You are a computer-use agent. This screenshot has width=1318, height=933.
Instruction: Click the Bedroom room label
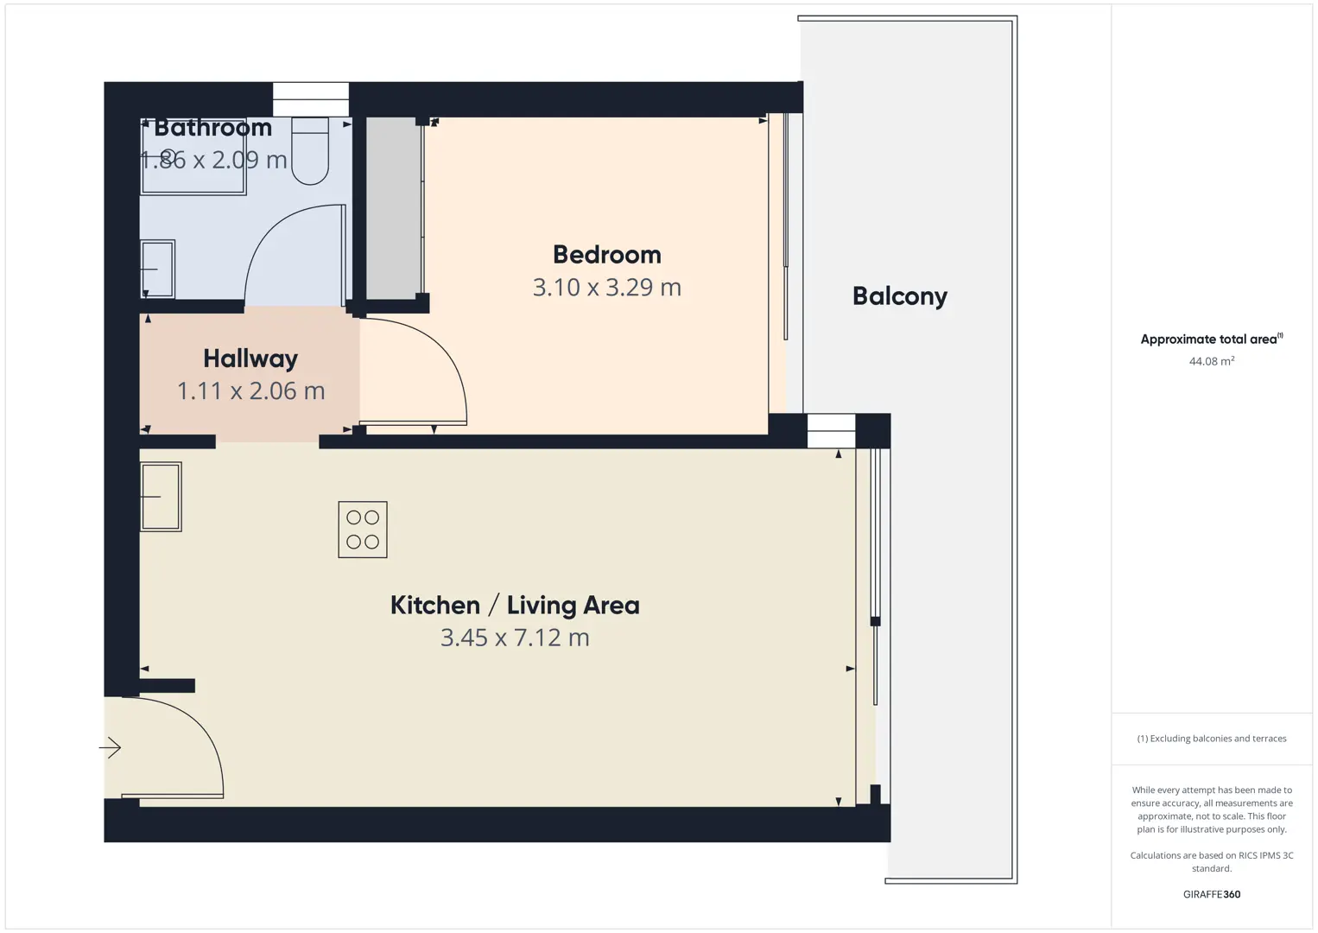click(x=606, y=255)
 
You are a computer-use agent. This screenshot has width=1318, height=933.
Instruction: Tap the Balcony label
click(x=900, y=296)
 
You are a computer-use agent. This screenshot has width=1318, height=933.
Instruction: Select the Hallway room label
click(x=250, y=359)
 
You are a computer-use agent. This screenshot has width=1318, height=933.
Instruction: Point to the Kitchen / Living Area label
click(x=515, y=605)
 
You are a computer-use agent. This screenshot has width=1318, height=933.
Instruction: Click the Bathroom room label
click(x=213, y=128)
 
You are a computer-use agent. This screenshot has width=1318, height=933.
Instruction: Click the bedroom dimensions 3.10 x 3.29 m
click(x=606, y=288)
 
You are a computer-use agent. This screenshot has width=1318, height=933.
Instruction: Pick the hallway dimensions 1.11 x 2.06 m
click(x=250, y=390)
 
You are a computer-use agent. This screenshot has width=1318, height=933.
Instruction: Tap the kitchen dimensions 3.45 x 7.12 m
click(x=515, y=638)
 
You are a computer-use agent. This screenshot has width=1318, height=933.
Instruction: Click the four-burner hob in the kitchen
click(x=363, y=530)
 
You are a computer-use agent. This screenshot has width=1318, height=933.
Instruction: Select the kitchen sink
click(x=161, y=497)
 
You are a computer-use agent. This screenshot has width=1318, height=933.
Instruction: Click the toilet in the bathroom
click(x=310, y=150)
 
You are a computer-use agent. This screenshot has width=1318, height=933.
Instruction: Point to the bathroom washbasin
click(x=158, y=269)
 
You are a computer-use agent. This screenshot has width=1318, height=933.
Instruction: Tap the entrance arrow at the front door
click(x=110, y=747)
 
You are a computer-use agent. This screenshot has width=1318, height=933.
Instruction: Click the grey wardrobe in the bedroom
click(x=394, y=208)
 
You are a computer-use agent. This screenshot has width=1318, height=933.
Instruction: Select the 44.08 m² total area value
click(x=1212, y=361)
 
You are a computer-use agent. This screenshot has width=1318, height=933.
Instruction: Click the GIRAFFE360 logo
click(x=1212, y=894)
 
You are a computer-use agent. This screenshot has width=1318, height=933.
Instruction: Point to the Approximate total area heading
click(x=1212, y=339)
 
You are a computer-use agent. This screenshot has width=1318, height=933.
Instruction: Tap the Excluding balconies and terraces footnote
click(x=1212, y=738)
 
